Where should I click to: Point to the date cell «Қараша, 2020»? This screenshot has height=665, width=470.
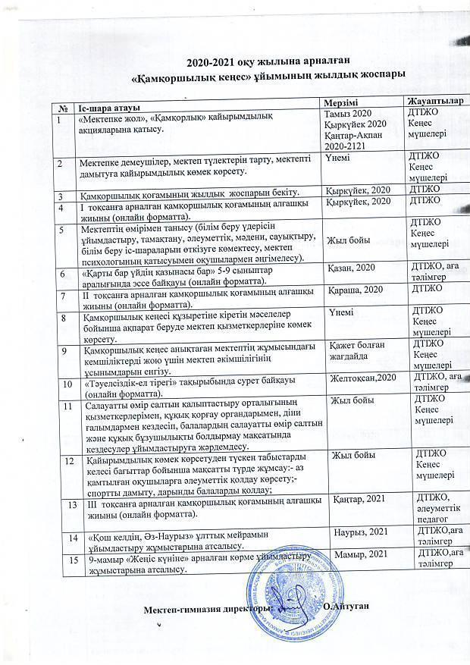tap(353, 290)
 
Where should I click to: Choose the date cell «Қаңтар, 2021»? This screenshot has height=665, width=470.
tap(361, 497)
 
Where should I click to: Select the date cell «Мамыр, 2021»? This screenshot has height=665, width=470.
tap(361, 557)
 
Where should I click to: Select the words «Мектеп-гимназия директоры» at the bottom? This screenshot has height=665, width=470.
tap(205, 610)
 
